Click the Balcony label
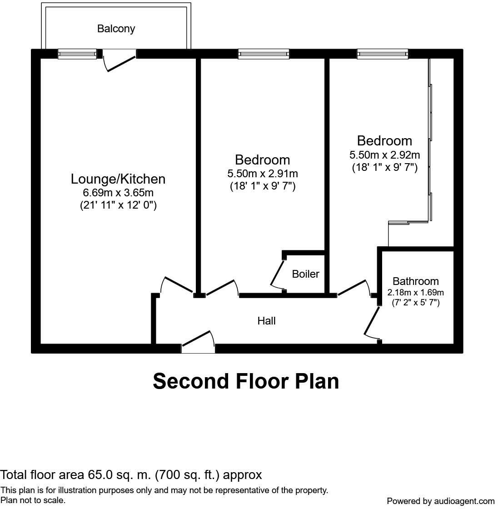(116, 29)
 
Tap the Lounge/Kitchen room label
(118, 179)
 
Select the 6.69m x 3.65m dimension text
(118, 193)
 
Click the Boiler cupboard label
(305, 274)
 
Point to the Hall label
(266, 321)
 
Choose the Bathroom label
(415, 281)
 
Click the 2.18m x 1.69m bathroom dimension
(415, 292)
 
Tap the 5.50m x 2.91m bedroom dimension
(262, 174)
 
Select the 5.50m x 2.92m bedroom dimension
(384, 155)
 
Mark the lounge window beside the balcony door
(77, 54)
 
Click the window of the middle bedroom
(264, 54)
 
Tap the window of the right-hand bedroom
(382, 54)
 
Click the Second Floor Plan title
(246, 381)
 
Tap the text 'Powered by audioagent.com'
(440, 501)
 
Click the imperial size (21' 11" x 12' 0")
(118, 205)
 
